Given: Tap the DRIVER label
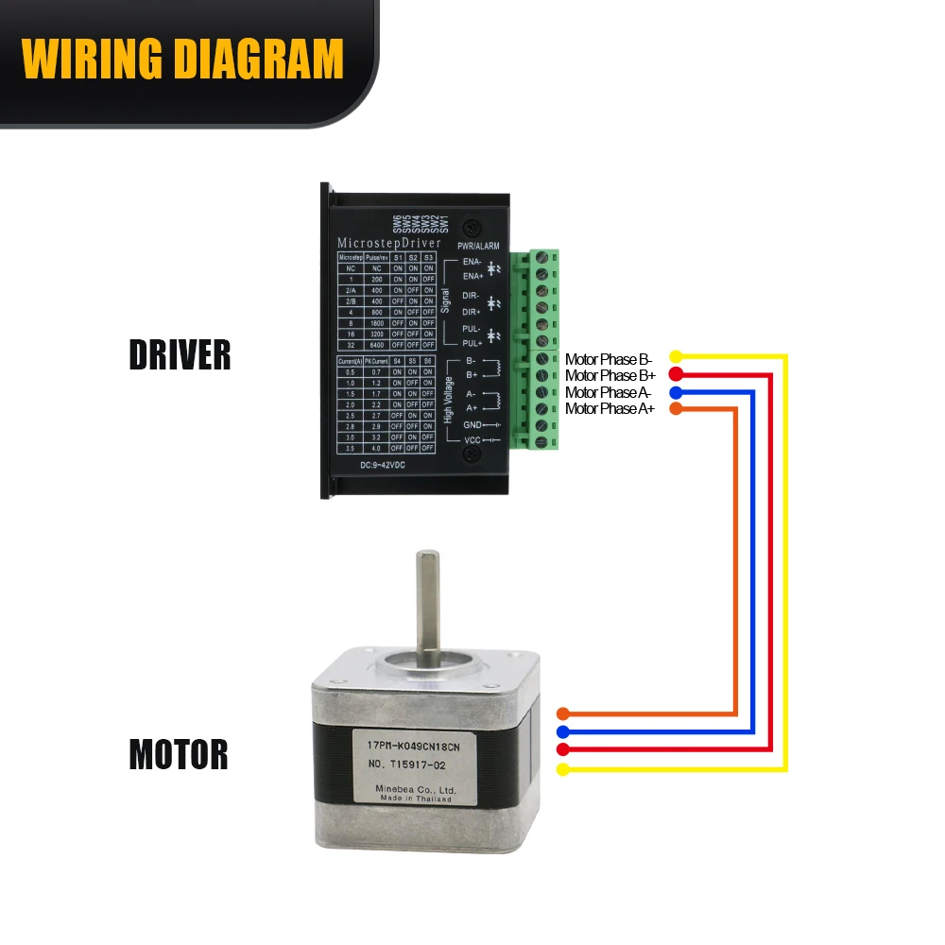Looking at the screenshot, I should point(180,355).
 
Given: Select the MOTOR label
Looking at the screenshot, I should point(179,755).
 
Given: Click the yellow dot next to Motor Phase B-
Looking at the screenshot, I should point(676,357).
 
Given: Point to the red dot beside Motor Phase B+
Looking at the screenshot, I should point(676,374).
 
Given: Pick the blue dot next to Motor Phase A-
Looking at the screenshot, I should point(676,391).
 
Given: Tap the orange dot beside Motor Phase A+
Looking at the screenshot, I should point(676,408).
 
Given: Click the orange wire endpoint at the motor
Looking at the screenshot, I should point(563,713).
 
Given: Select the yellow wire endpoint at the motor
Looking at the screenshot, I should point(563,769).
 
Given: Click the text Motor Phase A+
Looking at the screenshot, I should point(610,408).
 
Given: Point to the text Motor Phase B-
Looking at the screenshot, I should point(610,358).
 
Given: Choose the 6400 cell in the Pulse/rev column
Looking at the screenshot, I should point(376,345).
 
